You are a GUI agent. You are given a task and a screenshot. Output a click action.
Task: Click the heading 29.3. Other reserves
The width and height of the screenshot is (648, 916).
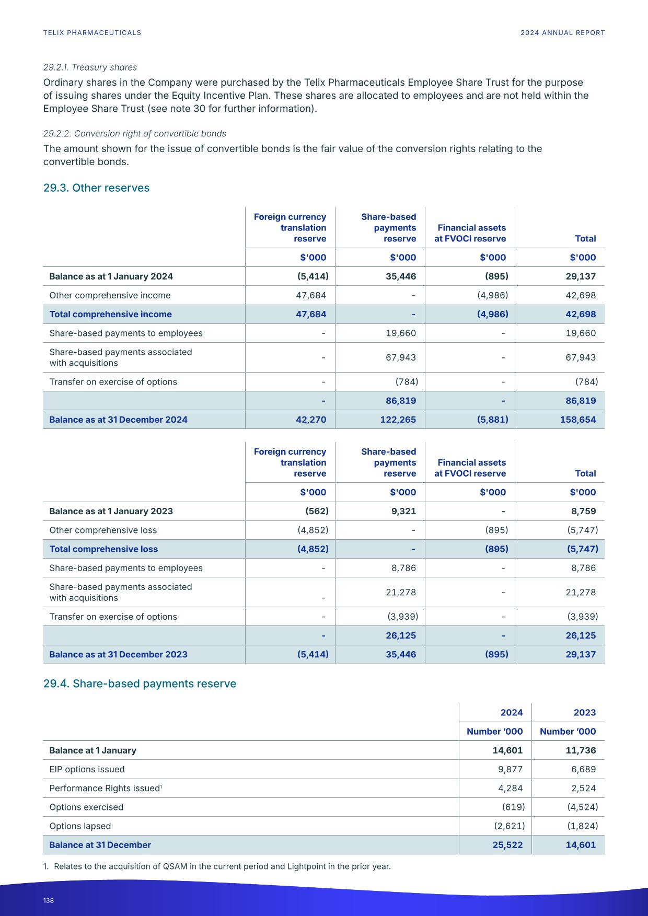(96, 188)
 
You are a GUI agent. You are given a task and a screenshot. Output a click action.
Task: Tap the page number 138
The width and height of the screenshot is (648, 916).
(49, 900)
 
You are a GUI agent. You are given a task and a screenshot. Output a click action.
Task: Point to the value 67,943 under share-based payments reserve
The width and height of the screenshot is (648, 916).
(401, 357)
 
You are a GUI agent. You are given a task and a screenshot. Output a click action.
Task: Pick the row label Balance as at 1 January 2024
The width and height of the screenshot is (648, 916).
(111, 276)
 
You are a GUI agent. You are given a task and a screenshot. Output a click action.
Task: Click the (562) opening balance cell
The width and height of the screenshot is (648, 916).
(317, 511)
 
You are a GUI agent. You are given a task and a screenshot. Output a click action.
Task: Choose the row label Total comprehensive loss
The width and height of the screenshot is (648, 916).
(103, 549)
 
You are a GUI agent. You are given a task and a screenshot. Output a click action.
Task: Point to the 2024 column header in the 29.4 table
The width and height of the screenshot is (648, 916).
(511, 713)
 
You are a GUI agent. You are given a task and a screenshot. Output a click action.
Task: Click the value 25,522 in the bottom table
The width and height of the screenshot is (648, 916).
(507, 845)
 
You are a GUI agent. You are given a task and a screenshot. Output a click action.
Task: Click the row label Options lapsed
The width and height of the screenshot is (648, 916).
(80, 826)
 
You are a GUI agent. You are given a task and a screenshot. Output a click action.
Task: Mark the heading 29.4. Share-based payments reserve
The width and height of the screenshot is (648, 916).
(140, 684)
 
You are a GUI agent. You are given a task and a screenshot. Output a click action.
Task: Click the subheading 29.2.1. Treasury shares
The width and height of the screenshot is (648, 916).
(90, 67)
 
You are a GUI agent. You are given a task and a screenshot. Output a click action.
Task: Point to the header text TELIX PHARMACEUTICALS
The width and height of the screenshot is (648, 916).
(92, 33)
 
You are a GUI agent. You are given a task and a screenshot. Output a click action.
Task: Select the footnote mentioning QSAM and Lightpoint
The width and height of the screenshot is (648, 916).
(217, 866)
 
